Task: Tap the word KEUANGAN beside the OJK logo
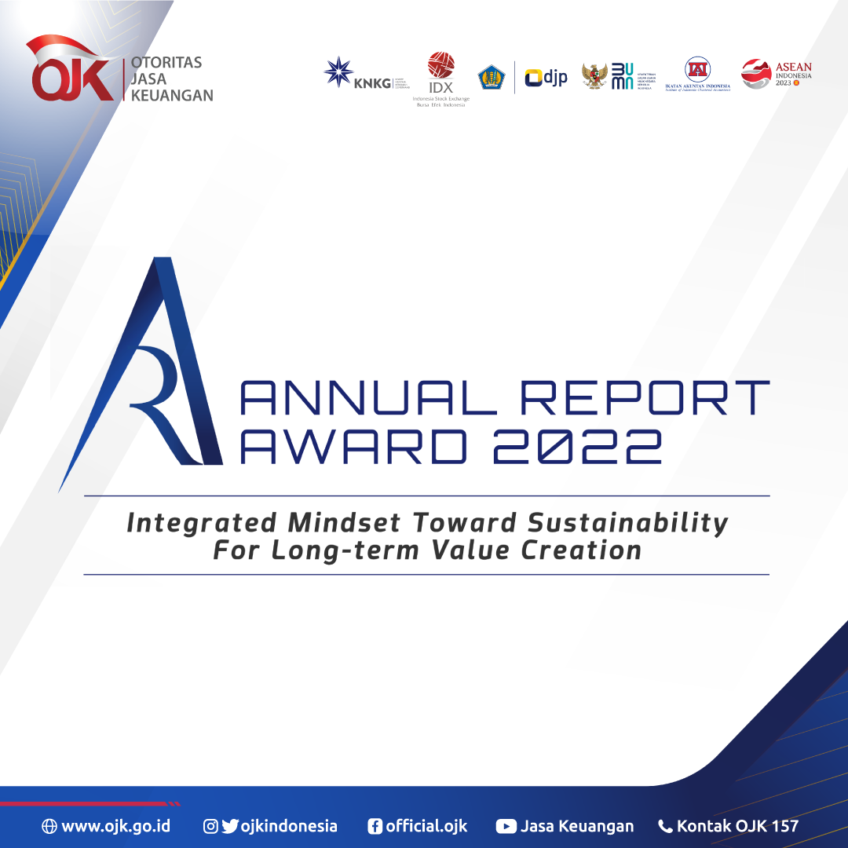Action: (173, 96)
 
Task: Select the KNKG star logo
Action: (338, 72)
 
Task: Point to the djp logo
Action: (546, 77)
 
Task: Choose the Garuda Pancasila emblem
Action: (594, 76)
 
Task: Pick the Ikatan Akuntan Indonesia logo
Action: (696, 70)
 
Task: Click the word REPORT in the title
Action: (645, 398)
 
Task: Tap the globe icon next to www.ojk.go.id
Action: (49, 826)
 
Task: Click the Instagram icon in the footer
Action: (210, 826)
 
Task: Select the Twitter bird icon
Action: (229, 826)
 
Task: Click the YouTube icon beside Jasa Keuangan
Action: (506, 826)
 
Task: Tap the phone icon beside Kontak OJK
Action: (665, 826)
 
